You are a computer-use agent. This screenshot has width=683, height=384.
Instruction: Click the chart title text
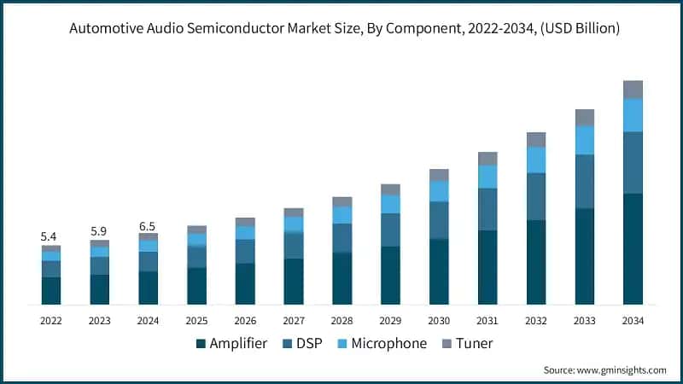[341, 29]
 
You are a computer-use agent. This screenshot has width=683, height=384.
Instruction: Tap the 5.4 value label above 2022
[50, 236]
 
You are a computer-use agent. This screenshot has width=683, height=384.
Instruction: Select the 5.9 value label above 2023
[99, 230]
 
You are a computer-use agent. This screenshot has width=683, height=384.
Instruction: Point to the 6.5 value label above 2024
[148, 225]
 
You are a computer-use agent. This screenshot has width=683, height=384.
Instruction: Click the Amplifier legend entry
[231, 343]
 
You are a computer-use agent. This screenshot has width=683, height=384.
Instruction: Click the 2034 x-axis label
[633, 321]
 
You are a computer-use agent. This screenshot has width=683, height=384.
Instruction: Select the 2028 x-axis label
[341, 321]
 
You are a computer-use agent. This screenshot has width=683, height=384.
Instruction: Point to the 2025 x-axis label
[196, 321]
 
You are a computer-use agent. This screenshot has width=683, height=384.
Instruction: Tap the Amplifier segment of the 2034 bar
[633, 248]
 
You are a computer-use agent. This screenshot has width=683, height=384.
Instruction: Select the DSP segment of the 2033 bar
[584, 181]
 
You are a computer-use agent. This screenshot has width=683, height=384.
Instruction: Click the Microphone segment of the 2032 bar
[535, 160]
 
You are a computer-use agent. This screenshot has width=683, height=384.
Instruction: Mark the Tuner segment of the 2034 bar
[633, 89]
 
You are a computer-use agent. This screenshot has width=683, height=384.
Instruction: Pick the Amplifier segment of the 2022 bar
[50, 290]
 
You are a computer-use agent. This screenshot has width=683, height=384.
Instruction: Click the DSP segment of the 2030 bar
[439, 220]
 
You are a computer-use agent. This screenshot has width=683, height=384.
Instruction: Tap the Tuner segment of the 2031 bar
[487, 158]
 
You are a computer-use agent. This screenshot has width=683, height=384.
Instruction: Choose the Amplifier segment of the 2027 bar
[293, 281]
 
